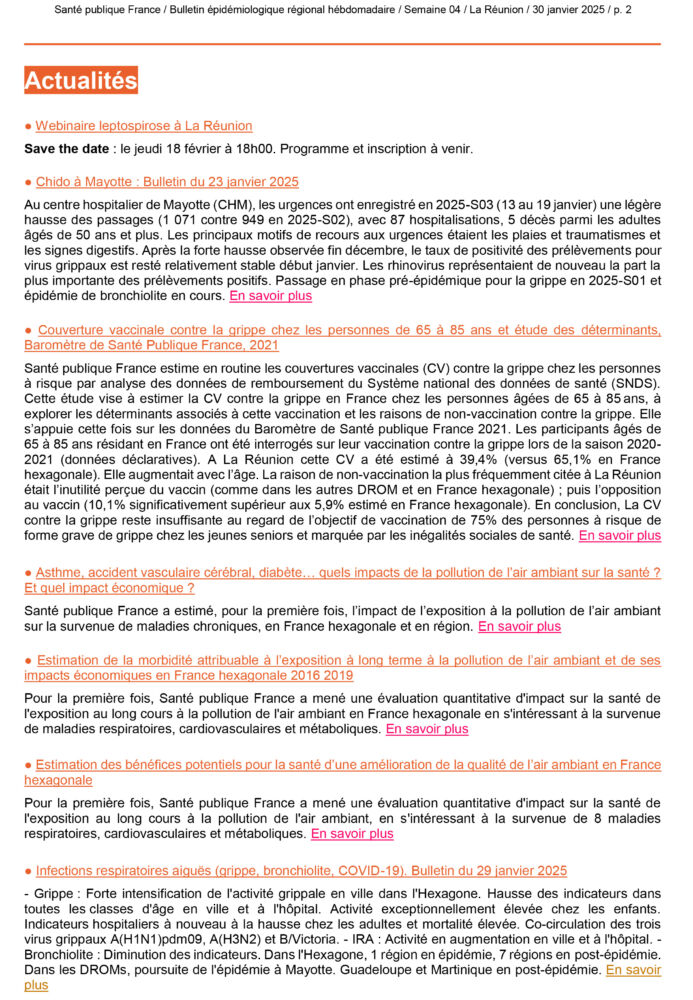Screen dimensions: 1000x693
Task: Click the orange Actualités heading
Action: click(81, 81)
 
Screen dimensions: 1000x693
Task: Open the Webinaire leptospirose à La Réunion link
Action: click(143, 126)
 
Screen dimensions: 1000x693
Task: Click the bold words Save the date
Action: click(66, 149)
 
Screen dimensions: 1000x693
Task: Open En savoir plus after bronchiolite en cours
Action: click(270, 296)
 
